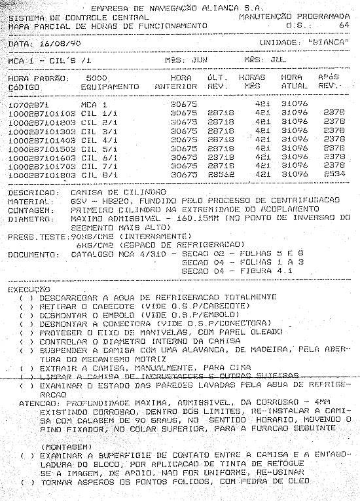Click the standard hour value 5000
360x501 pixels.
click(96, 77)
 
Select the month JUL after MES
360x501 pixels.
click(278, 59)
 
